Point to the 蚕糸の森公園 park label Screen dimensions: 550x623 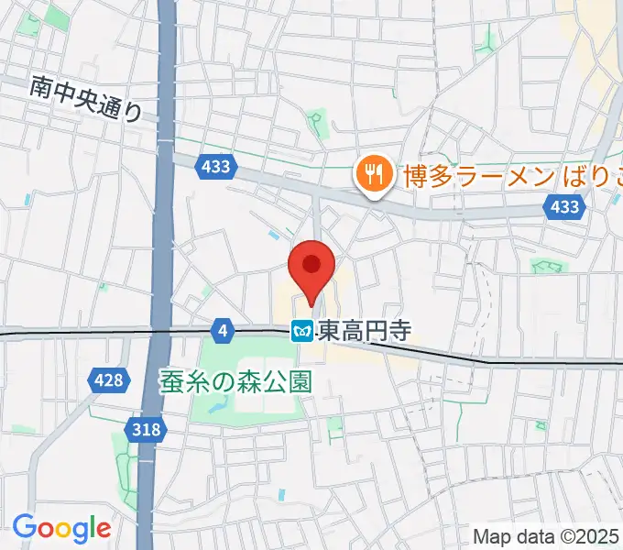(x=235, y=379)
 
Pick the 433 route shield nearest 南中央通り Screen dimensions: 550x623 (x=216, y=167)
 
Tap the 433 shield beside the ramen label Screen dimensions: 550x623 (x=564, y=207)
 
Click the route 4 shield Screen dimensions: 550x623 (x=222, y=328)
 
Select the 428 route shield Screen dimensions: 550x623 (x=106, y=379)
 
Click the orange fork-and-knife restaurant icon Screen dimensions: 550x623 (x=374, y=172)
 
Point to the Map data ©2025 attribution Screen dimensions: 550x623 (x=546, y=535)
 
